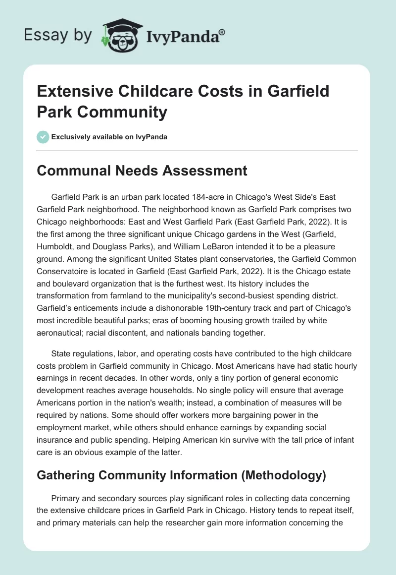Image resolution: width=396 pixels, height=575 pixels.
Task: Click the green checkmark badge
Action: (43, 137)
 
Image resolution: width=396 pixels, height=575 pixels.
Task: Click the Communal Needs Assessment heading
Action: (142, 171)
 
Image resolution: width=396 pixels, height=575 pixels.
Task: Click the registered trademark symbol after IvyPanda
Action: (222, 32)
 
